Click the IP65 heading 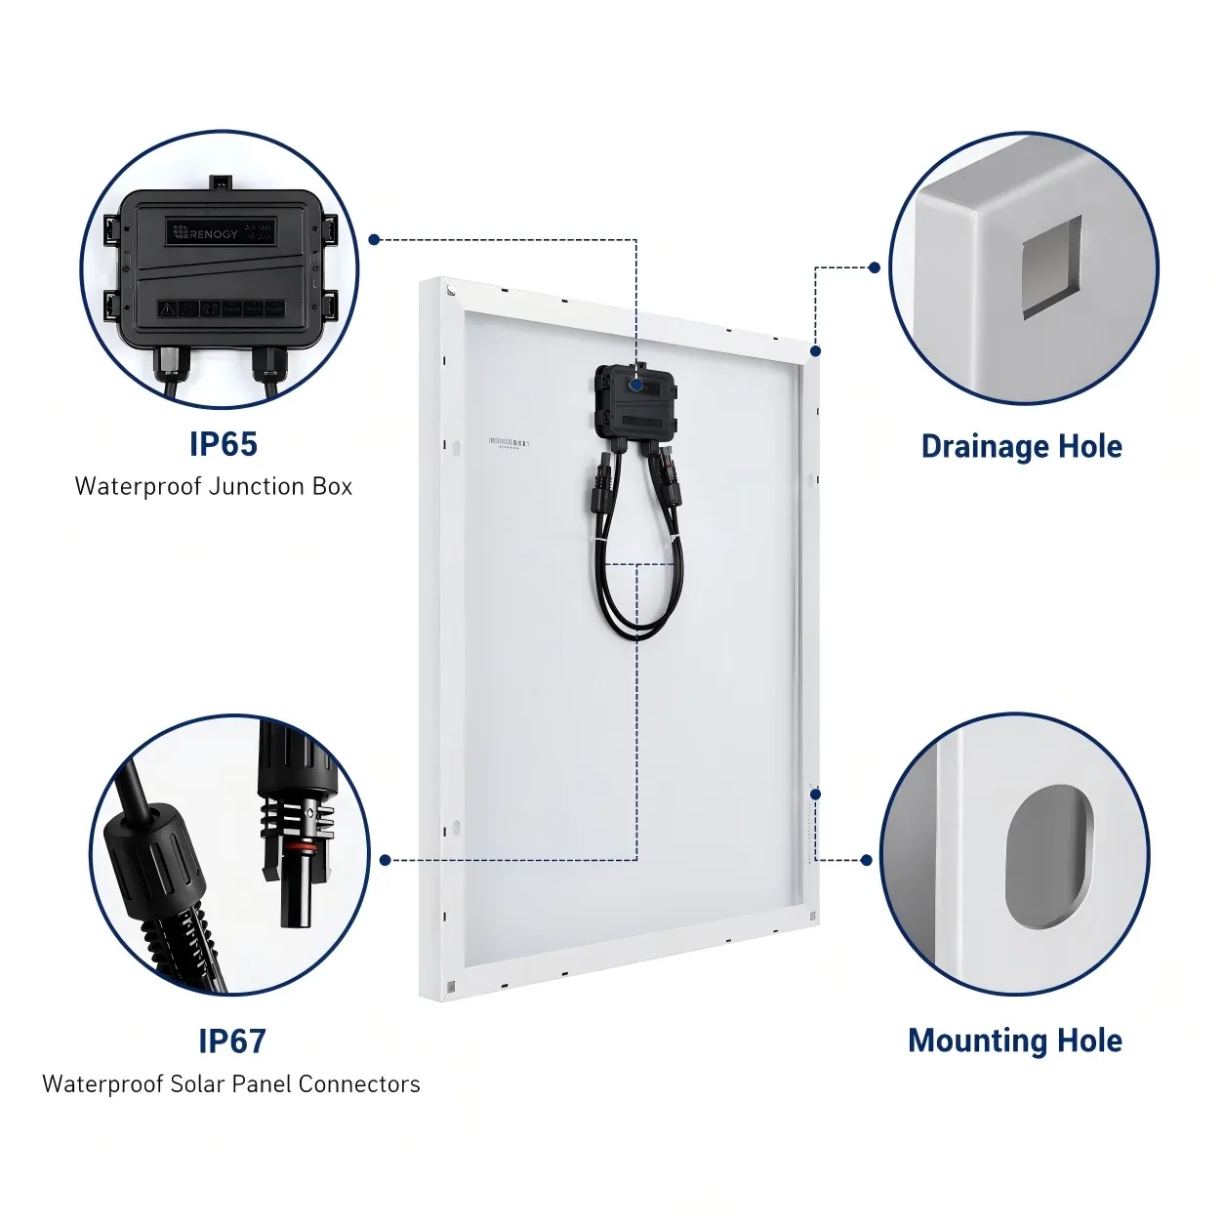click(224, 444)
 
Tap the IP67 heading click(232, 1040)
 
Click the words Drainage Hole click(1021, 446)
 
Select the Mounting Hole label click(1014, 1040)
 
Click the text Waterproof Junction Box click(213, 486)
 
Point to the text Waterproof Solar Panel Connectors click(231, 1083)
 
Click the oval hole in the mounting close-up click(1047, 856)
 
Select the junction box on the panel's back click(635, 402)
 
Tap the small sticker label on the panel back click(508, 443)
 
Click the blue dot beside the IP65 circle click(374, 239)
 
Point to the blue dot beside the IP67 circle click(386, 860)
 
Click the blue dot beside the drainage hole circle click(874, 267)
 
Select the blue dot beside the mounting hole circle click(866, 860)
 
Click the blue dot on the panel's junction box click(636, 386)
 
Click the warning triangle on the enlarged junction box click(168, 308)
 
